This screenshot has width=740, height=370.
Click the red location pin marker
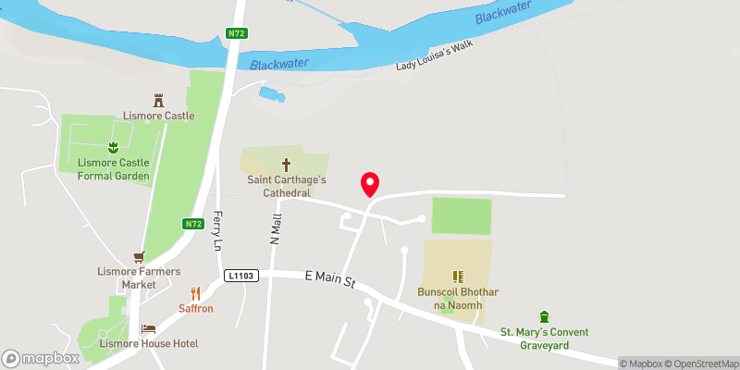click(370, 184)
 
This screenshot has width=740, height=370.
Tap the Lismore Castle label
click(159, 116)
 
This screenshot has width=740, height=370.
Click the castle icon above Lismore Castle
click(159, 99)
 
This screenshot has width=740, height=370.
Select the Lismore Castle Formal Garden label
click(114, 169)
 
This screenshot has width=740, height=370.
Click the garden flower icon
click(113, 147)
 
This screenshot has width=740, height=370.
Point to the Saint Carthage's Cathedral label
click(284, 186)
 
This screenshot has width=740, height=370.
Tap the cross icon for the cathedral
click(285, 163)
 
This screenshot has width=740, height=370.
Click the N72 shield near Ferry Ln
click(192, 224)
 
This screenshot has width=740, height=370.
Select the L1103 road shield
click(240, 276)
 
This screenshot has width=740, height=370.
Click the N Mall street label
click(275, 228)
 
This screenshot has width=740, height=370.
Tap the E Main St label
click(332, 279)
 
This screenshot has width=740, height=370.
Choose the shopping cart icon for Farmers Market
click(140, 256)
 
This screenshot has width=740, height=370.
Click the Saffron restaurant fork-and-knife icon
click(195, 293)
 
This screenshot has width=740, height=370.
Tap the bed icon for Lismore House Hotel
click(148, 328)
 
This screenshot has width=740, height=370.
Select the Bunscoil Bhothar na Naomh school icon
click(457, 276)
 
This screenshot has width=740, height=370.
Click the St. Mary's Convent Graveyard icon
click(544, 317)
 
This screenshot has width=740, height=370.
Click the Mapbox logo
click(41, 358)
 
